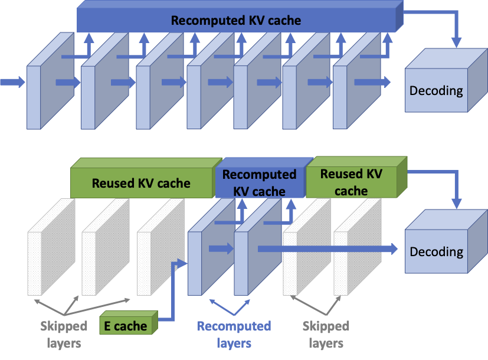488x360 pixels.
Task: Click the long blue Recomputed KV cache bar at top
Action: pyautogui.click(x=236, y=21)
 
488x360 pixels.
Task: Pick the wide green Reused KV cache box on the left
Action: pyautogui.click(x=141, y=183)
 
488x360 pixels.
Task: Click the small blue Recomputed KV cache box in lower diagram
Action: pyautogui.click(x=259, y=182)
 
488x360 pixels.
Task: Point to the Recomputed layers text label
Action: pyautogui.click(x=234, y=335)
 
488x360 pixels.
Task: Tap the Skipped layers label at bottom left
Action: pyautogui.click(x=64, y=335)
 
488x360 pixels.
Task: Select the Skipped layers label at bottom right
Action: pyautogui.click(x=326, y=335)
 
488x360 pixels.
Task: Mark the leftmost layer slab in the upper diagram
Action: pyautogui.click(x=41, y=89)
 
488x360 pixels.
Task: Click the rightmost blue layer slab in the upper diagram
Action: pyautogui.click(x=348, y=89)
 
